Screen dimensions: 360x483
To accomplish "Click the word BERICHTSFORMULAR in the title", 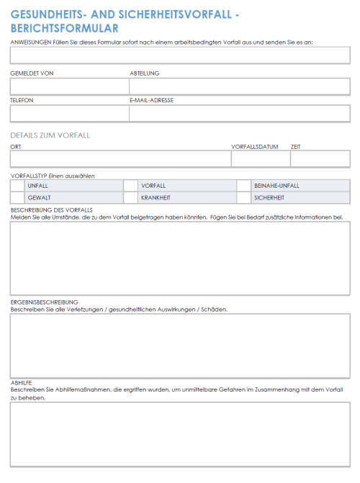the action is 65,29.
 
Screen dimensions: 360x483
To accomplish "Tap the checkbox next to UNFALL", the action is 17,185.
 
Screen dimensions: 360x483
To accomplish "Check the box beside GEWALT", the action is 17,197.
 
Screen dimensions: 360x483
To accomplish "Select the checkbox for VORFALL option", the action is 130,185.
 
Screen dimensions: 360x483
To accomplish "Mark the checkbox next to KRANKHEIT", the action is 130,197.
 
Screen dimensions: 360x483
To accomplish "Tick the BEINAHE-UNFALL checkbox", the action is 243,185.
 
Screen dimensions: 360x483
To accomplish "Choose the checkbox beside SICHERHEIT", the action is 243,197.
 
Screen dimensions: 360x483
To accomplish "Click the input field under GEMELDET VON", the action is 69,86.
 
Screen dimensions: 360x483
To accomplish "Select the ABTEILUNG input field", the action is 239,86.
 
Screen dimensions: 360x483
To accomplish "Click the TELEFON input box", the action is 69,114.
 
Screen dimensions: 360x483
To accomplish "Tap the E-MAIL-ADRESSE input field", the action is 239,114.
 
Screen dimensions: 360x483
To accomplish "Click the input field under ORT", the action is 120,159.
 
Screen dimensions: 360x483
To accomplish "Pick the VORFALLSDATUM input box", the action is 260,159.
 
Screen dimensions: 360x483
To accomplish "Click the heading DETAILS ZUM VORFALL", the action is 50,135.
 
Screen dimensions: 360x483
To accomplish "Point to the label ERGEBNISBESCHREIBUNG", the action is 44,302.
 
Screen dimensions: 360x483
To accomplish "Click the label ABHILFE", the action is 21,382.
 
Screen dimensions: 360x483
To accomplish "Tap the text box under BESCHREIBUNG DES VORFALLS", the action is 180,258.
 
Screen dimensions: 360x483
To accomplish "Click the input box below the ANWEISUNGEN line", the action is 180,55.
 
